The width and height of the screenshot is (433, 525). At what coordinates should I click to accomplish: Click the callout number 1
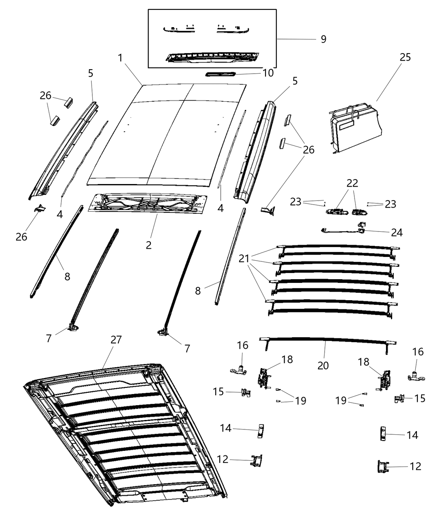click(120, 58)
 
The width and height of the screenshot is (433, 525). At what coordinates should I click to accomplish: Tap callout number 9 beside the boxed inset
click(323, 39)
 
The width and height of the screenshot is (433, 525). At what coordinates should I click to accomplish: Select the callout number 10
click(268, 73)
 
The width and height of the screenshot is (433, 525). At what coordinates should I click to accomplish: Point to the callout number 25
click(405, 57)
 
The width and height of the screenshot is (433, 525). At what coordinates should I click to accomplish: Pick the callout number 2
click(148, 245)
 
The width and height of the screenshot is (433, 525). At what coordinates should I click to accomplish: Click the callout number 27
click(116, 340)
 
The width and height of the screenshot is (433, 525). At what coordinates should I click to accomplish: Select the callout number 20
click(323, 365)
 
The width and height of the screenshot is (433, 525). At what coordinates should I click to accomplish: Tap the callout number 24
click(396, 233)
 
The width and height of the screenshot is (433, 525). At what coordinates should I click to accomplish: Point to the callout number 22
click(352, 183)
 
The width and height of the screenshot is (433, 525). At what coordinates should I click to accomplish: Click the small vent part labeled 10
click(221, 74)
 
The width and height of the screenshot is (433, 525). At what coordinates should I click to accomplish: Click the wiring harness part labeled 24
click(342, 231)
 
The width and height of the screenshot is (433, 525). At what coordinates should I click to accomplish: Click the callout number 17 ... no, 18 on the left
click(287, 359)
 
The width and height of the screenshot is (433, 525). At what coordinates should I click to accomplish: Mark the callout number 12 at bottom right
click(415, 466)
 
